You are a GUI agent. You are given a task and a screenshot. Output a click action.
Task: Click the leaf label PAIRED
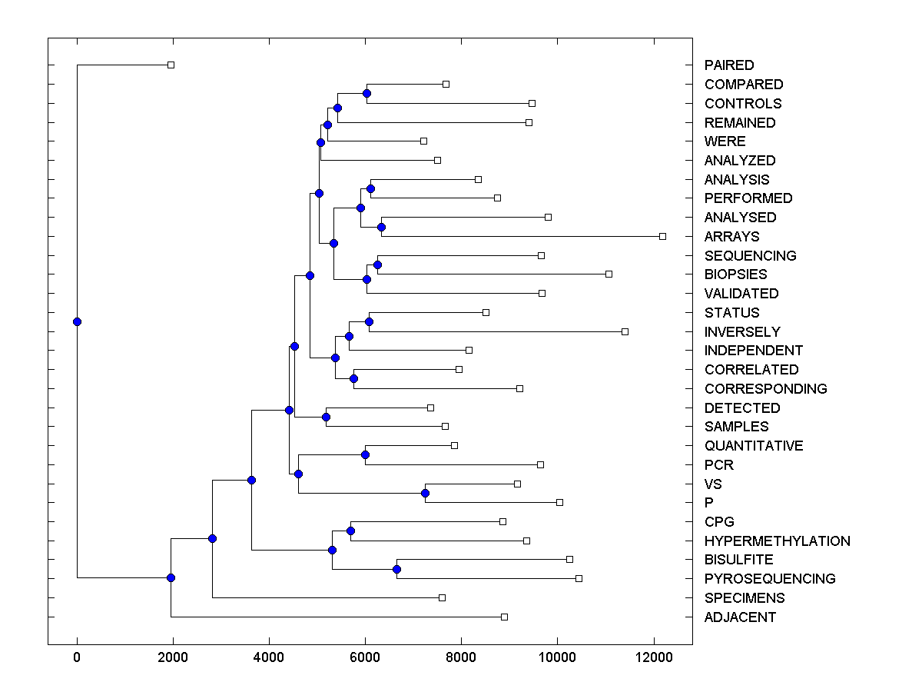coord(729,65)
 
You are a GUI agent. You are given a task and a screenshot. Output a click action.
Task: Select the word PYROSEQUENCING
coord(770,579)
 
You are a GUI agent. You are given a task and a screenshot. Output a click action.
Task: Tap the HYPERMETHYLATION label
coord(777,541)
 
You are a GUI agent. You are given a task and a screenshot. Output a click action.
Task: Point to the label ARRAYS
coord(731,237)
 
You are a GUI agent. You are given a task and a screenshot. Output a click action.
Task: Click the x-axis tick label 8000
coord(461,657)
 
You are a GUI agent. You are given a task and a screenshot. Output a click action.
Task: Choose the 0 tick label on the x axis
coord(77,657)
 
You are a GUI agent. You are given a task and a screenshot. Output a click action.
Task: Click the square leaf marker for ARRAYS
coord(662,236)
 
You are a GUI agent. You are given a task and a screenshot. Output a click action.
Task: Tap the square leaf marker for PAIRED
coord(171,65)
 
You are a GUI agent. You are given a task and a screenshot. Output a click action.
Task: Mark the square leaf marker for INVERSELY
coord(625,331)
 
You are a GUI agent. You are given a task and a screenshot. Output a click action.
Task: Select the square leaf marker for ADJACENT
coord(504,617)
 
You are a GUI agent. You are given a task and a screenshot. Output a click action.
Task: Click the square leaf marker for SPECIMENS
coord(442,597)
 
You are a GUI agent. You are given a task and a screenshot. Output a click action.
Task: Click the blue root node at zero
coord(77,321)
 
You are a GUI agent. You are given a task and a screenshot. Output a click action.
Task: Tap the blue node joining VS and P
coord(425,493)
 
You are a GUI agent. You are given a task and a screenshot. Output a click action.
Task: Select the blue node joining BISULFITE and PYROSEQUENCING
coord(396,569)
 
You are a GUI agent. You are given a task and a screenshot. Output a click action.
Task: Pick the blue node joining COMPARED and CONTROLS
coord(366,93)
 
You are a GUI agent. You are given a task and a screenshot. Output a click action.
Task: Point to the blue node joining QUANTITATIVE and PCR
coord(365,454)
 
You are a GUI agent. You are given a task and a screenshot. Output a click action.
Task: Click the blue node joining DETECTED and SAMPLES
coord(326,417)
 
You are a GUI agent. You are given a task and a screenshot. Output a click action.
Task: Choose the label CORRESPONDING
coord(765,389)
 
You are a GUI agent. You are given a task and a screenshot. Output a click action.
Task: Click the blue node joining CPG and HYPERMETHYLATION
coord(350,531)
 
